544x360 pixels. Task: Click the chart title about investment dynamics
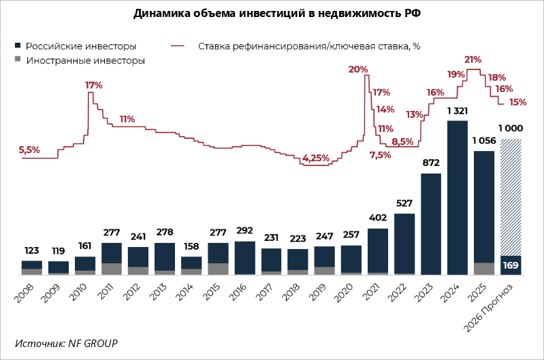pyautogui.click(x=277, y=13)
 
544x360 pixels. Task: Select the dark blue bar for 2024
pyautogui.click(x=458, y=197)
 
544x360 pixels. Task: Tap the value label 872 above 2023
pyautogui.click(x=431, y=163)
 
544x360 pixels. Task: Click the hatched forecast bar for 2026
pyautogui.click(x=511, y=197)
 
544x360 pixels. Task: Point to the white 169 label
pyautogui.click(x=511, y=265)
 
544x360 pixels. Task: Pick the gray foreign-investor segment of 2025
pyautogui.click(x=484, y=269)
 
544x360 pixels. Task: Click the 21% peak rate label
pyautogui.click(x=473, y=60)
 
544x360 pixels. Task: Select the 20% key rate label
pyautogui.click(x=358, y=69)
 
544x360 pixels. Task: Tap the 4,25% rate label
pyautogui.click(x=316, y=159)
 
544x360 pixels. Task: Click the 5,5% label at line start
pyautogui.click(x=29, y=150)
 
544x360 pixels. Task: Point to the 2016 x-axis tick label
pyautogui.click(x=238, y=292)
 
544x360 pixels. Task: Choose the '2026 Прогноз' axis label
pyautogui.click(x=488, y=308)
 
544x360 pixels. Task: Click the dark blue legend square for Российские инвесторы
pyautogui.click(x=18, y=46)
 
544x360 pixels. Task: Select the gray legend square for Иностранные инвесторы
pyautogui.click(x=18, y=59)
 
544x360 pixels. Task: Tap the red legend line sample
pyautogui.click(x=178, y=46)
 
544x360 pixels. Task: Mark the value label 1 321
pyautogui.click(x=458, y=111)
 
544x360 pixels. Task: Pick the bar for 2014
pyautogui.click(x=191, y=266)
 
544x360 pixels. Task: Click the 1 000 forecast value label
pyautogui.click(x=511, y=129)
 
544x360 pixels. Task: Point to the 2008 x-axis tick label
pyautogui.click(x=25, y=293)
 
